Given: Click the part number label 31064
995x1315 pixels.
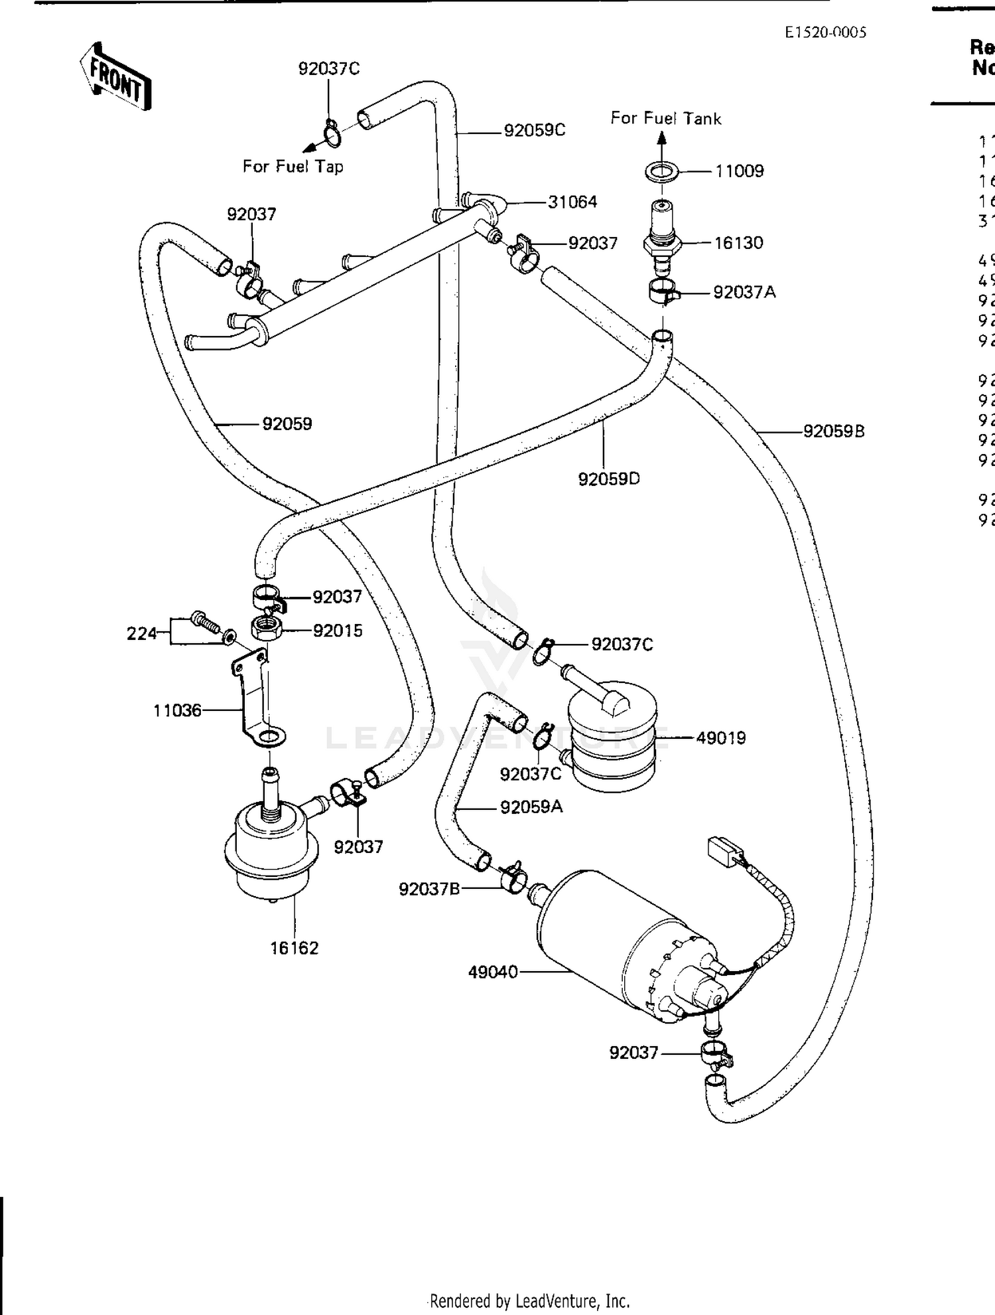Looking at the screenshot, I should click(x=572, y=202).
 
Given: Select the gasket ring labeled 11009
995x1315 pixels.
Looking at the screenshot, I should click(x=661, y=171).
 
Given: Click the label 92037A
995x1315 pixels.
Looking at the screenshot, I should click(x=744, y=292).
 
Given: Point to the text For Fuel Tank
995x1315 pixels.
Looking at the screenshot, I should click(x=665, y=118).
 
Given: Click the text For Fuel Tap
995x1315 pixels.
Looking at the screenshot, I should click(x=293, y=166).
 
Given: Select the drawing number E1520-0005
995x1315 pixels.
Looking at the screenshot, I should click(x=825, y=33).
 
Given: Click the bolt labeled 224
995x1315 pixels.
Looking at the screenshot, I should click(x=206, y=621).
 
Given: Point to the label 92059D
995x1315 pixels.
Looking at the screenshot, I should click(x=609, y=479).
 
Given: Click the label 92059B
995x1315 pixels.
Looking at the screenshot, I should click(x=834, y=431).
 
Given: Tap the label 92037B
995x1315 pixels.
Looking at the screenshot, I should click(x=429, y=889).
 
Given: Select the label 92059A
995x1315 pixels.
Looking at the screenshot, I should click(x=531, y=807).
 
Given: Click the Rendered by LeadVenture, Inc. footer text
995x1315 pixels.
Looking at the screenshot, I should click(x=529, y=1300).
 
